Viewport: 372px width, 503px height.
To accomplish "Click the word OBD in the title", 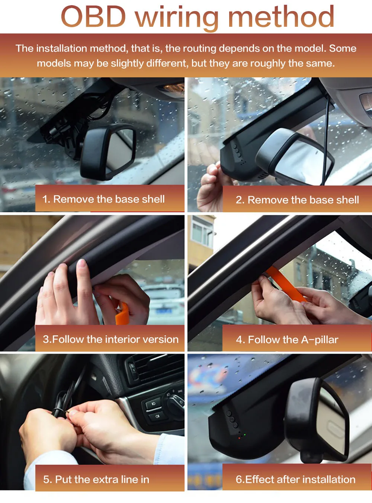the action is coord(93,16).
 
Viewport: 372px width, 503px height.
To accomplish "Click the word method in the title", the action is coord(281,16).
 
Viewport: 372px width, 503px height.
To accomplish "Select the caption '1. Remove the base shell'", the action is coord(103,199).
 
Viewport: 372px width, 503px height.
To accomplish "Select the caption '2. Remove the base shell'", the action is coord(297,200).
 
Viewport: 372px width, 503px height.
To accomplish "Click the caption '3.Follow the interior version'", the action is coord(111,339).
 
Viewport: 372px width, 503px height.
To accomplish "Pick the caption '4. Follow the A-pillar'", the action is coord(287,339).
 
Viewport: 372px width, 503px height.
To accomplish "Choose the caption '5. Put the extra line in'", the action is coord(96,480).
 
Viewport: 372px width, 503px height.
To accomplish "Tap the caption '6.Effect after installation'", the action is coord(295,479).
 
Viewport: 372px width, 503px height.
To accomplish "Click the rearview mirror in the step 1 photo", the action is coord(109,151).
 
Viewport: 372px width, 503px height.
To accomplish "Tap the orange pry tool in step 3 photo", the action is coord(122,313).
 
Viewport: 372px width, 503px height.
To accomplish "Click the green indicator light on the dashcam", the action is coord(245,435).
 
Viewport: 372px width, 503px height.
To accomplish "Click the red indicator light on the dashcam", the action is coord(240,438).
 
